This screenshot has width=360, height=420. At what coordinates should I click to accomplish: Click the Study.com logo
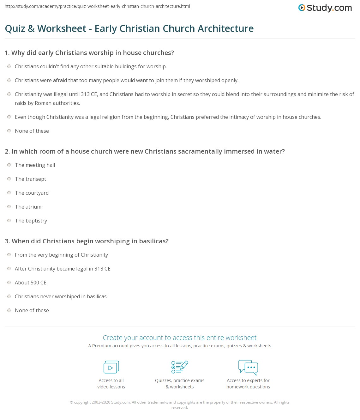(325, 8)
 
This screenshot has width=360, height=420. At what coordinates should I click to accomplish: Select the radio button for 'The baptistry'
(9, 220)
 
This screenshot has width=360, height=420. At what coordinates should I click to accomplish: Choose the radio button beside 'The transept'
(9, 179)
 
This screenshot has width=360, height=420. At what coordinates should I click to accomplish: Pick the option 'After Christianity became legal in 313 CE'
(9, 268)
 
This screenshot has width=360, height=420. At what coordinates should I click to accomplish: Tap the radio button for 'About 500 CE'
(9, 282)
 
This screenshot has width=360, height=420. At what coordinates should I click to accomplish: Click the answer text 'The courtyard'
(32, 193)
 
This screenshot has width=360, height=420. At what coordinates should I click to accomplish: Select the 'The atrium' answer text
(28, 207)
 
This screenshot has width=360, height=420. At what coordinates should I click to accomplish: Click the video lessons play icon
(111, 367)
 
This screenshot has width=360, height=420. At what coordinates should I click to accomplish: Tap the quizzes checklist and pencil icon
(180, 367)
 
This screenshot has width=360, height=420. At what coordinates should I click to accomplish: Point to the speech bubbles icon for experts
(248, 367)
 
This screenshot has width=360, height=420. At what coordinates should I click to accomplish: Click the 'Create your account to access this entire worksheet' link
(180, 338)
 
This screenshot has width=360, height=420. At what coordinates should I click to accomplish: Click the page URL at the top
(97, 6)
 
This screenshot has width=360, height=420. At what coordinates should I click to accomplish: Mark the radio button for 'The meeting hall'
(9, 165)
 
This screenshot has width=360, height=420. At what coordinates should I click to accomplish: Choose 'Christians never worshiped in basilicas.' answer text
(61, 296)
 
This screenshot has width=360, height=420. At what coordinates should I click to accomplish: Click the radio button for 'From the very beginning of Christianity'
(9, 254)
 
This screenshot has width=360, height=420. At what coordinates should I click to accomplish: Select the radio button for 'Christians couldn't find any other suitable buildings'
(9, 66)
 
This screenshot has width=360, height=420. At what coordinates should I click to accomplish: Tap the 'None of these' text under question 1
(32, 131)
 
